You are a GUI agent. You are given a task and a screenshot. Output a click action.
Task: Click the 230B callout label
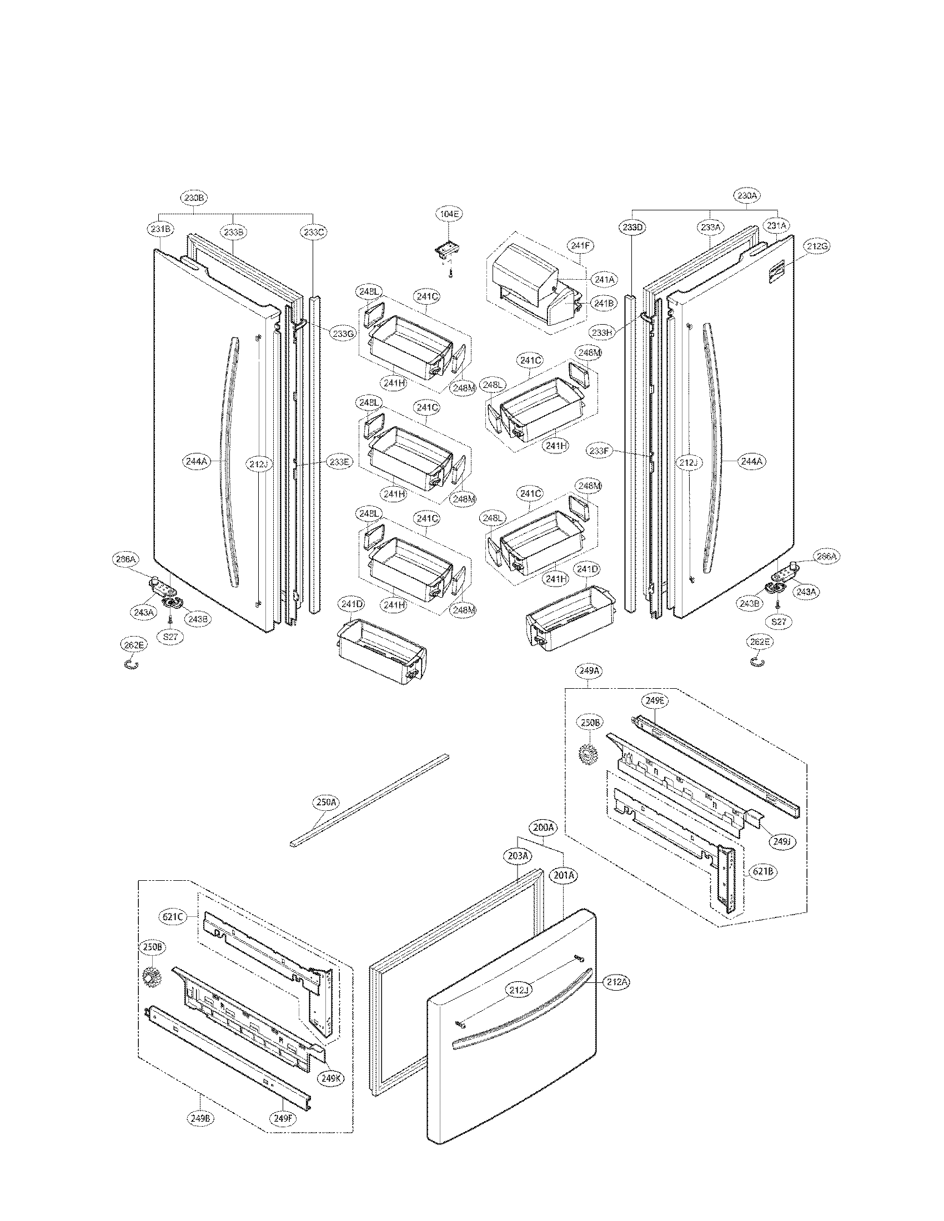pyautogui.click(x=193, y=198)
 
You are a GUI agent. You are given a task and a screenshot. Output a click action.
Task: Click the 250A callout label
pyautogui.click(x=326, y=803)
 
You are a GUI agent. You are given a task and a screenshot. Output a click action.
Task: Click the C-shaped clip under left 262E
pyautogui.click(x=132, y=664)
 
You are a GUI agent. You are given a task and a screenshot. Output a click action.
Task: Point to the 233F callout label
pyautogui.click(x=599, y=449)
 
